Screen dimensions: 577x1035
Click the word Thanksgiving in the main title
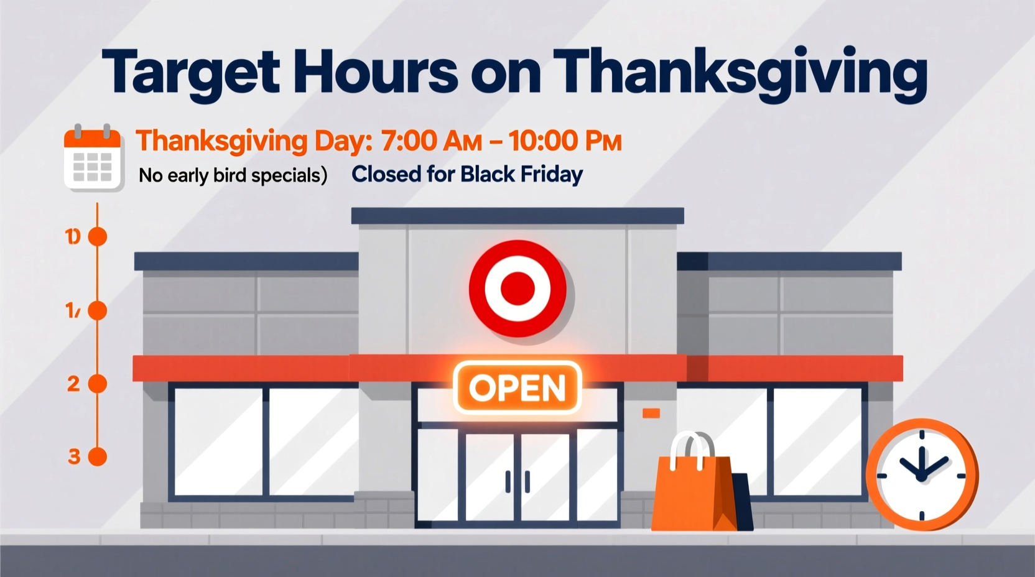click(740, 73)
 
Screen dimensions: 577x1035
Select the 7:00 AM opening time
click(432, 141)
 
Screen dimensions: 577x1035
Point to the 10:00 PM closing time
click(565, 141)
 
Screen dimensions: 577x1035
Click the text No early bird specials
click(233, 175)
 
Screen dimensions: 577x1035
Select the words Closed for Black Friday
click(467, 174)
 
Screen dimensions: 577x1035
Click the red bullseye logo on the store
click(517, 288)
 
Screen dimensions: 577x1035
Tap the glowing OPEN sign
click(517, 387)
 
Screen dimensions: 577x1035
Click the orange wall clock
click(921, 475)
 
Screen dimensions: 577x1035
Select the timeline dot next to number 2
click(98, 384)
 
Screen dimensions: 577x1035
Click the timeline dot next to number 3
click(98, 457)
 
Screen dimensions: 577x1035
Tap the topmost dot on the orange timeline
click(98, 237)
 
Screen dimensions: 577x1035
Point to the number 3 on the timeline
click(74, 457)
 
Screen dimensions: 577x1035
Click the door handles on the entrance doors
click(517, 482)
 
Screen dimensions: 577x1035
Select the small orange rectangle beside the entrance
click(651, 413)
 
